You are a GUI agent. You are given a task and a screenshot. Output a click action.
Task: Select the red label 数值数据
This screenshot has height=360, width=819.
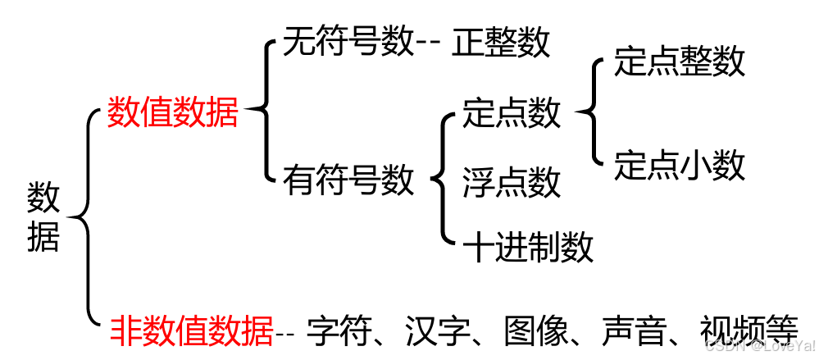click(172, 112)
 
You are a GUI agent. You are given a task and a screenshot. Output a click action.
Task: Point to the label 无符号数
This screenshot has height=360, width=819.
click(348, 42)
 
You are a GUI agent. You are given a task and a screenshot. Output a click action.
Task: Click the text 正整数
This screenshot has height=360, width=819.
click(501, 43)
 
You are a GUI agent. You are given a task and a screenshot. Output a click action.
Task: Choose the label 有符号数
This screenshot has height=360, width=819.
click(348, 180)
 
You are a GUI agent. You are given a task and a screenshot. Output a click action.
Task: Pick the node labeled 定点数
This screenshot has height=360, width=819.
click(512, 112)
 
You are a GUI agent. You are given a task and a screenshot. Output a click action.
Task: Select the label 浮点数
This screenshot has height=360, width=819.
click(512, 181)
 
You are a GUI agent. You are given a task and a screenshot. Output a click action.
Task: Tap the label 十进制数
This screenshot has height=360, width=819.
click(528, 246)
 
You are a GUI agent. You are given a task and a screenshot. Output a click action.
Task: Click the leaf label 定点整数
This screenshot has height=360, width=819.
click(680, 62)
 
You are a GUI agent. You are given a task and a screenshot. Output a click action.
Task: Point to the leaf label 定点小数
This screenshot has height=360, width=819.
click(680, 165)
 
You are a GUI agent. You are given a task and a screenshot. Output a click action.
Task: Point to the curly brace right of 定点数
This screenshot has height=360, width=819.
click(591, 113)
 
